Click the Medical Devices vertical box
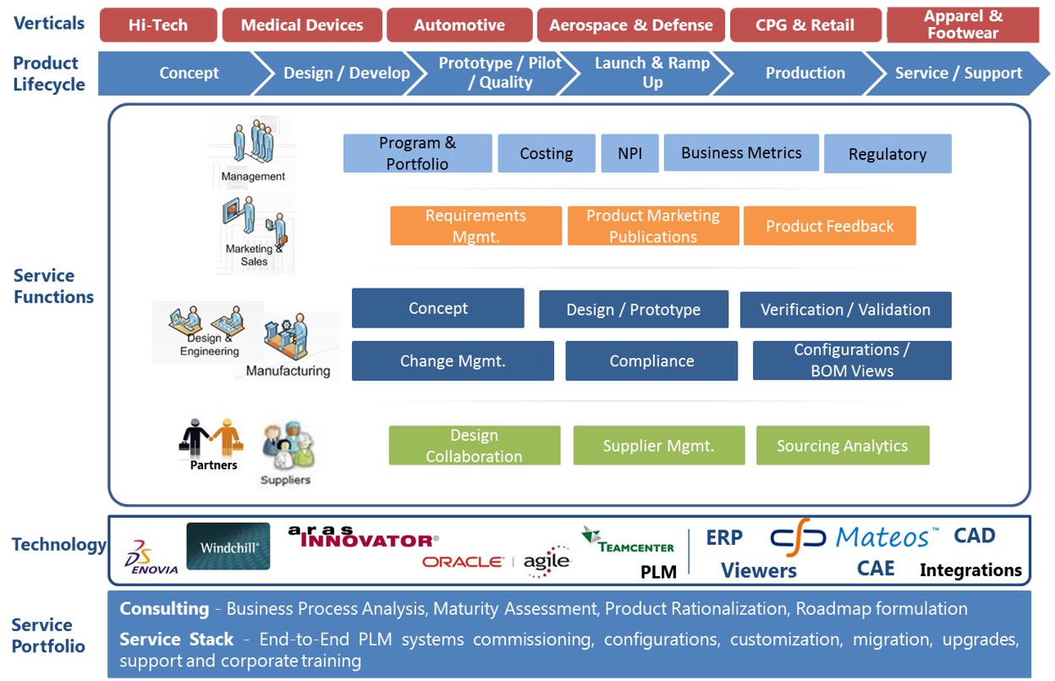pyautogui.click(x=302, y=25)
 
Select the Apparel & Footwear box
pyautogui.click(x=962, y=25)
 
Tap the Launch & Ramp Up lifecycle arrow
pyautogui.click(x=651, y=74)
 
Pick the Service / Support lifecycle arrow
pyautogui.click(x=958, y=74)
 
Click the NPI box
pyautogui.click(x=629, y=154)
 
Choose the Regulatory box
pyautogui.click(x=887, y=154)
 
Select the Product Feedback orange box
pyautogui.click(x=829, y=226)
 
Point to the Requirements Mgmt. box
pyautogui.click(x=475, y=226)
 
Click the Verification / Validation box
pyautogui.click(x=844, y=310)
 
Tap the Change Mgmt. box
pyautogui.click(x=453, y=361)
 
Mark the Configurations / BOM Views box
pyautogui.click(x=851, y=360)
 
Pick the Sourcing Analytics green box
pyautogui.click(x=842, y=446)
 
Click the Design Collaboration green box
pyautogui.click(x=474, y=446)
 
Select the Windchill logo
pyautogui.click(x=228, y=546)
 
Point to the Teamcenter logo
pyautogui.click(x=628, y=541)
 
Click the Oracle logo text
pyautogui.click(x=463, y=562)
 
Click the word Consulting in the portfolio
pyautogui.click(x=164, y=609)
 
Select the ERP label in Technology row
pyautogui.click(x=724, y=538)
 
